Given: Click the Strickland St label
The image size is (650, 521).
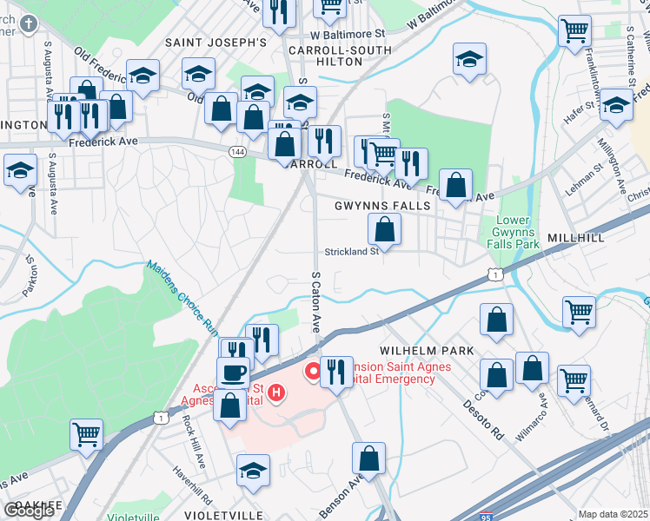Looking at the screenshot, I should click(x=352, y=252).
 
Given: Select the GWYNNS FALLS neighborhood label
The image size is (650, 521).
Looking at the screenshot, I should click(x=382, y=206).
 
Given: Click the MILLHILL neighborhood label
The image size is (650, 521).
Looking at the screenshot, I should click(x=570, y=237).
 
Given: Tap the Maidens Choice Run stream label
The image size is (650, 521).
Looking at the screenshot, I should click(x=182, y=300).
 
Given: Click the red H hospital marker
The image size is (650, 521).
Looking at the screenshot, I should click(x=276, y=393).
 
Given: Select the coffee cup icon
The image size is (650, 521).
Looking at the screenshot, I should click(x=233, y=373).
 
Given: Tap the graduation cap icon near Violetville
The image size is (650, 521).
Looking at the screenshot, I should click(x=253, y=470).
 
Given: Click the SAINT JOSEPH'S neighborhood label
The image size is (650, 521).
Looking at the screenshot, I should click(x=216, y=42).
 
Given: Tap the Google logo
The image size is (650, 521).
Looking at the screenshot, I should click(x=30, y=511).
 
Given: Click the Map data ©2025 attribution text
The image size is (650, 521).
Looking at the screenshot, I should click(x=614, y=514).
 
